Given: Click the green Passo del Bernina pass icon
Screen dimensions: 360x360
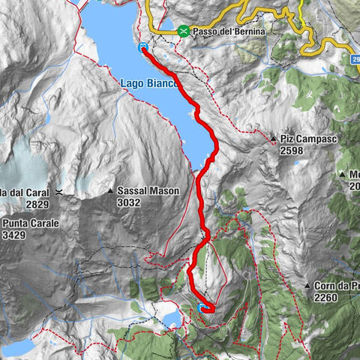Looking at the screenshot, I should tap(184, 31).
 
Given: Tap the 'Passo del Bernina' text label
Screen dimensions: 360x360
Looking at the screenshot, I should tap(228, 31).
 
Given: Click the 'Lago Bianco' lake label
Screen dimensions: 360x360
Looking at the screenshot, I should tap(148, 83).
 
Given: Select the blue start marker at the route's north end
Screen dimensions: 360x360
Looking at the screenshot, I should tap(142, 47).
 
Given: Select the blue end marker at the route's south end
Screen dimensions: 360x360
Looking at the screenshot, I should tap(202, 307).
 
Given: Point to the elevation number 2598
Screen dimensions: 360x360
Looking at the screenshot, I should tap(292, 151).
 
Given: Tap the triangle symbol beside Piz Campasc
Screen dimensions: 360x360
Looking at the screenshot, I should tap(274, 139).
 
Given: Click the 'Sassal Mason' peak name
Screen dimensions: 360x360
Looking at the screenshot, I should tap(148, 191).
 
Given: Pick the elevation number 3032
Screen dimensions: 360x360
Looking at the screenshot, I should tap(130, 202).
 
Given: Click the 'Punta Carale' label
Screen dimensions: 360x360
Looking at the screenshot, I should tap(29, 223).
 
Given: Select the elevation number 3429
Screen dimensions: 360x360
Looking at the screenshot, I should tap(14, 235).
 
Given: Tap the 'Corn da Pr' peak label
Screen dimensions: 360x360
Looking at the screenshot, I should tap(336, 286).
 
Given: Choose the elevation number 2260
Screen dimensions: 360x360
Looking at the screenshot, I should tap(327, 297).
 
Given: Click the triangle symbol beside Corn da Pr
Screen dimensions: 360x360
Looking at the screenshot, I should tap(307, 286).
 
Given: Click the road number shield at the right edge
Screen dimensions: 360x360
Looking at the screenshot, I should tap(355, 58).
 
